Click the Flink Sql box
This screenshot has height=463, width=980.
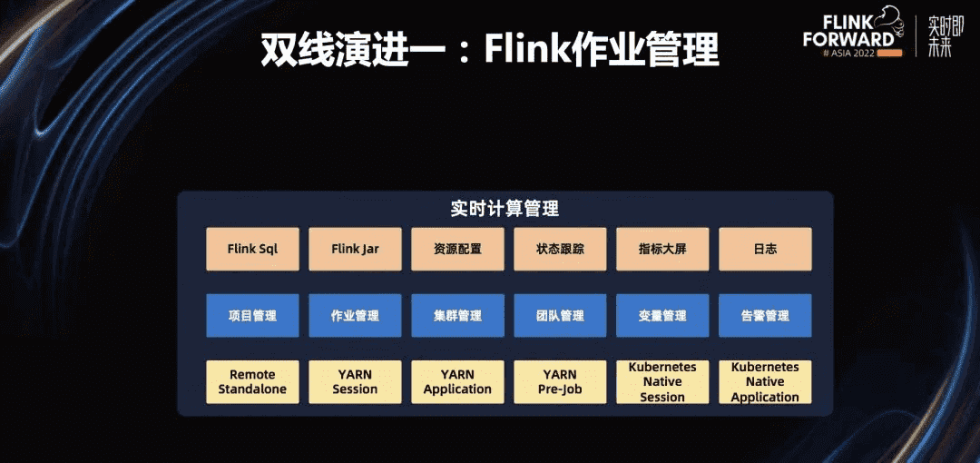point(252,249)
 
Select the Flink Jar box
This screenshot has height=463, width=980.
point(355,249)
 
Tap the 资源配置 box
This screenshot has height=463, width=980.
point(457,249)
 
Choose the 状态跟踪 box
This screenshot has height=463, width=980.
point(560,249)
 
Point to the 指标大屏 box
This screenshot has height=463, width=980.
point(662,249)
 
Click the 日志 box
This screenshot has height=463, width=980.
point(765,249)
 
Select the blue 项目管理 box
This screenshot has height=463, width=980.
point(252,316)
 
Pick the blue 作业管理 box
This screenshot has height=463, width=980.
point(355,316)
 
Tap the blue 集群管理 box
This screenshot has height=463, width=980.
point(457,316)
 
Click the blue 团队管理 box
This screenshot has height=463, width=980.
point(560,316)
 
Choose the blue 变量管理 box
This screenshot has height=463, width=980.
point(662,316)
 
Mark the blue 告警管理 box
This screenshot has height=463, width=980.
point(765,316)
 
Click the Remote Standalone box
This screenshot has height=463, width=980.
point(252,382)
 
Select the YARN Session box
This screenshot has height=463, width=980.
point(355,382)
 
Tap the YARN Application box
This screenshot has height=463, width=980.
point(457,382)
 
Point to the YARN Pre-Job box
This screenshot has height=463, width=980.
point(560,382)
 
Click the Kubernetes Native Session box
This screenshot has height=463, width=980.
point(662,382)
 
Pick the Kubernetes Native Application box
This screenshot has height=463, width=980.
point(765,382)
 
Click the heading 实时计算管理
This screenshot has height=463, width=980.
point(505,209)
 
